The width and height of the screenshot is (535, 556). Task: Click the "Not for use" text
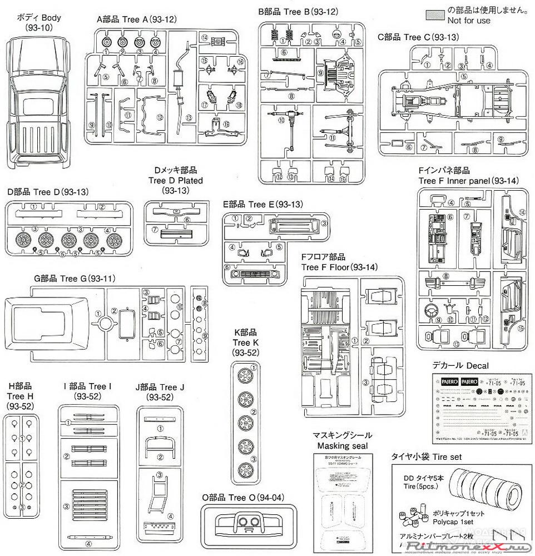469,21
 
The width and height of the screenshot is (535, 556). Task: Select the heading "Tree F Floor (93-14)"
339,267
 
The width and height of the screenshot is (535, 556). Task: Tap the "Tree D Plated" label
175,180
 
